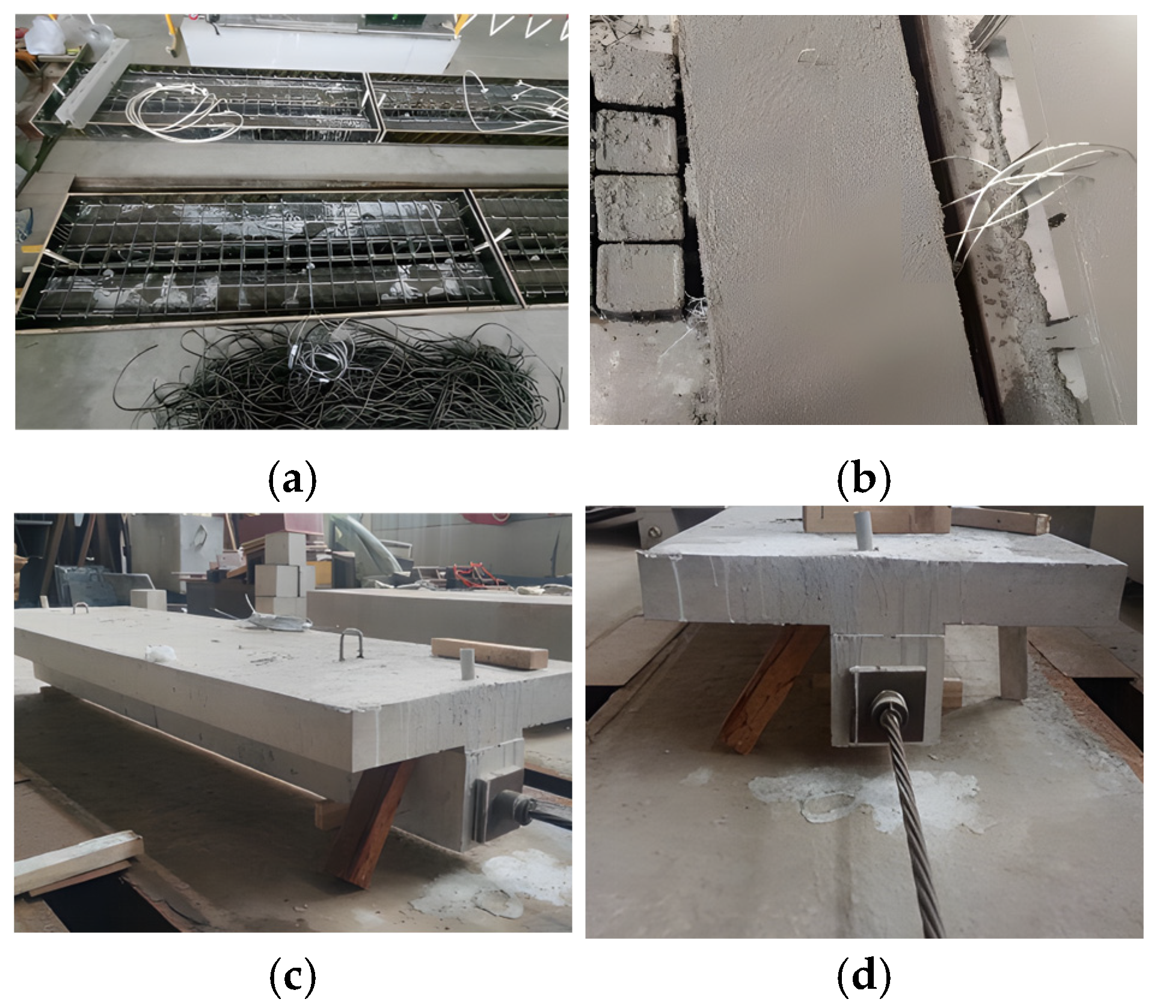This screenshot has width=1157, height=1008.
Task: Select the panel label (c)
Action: click(292, 978)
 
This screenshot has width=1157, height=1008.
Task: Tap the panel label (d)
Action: click(864, 978)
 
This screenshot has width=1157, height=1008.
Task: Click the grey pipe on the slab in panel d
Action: click(864, 530)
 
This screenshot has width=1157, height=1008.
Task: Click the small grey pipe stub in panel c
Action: click(467, 664)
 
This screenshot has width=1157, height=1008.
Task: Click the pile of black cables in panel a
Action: click(337, 379)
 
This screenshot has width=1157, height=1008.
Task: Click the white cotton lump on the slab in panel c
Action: click(157, 653)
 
